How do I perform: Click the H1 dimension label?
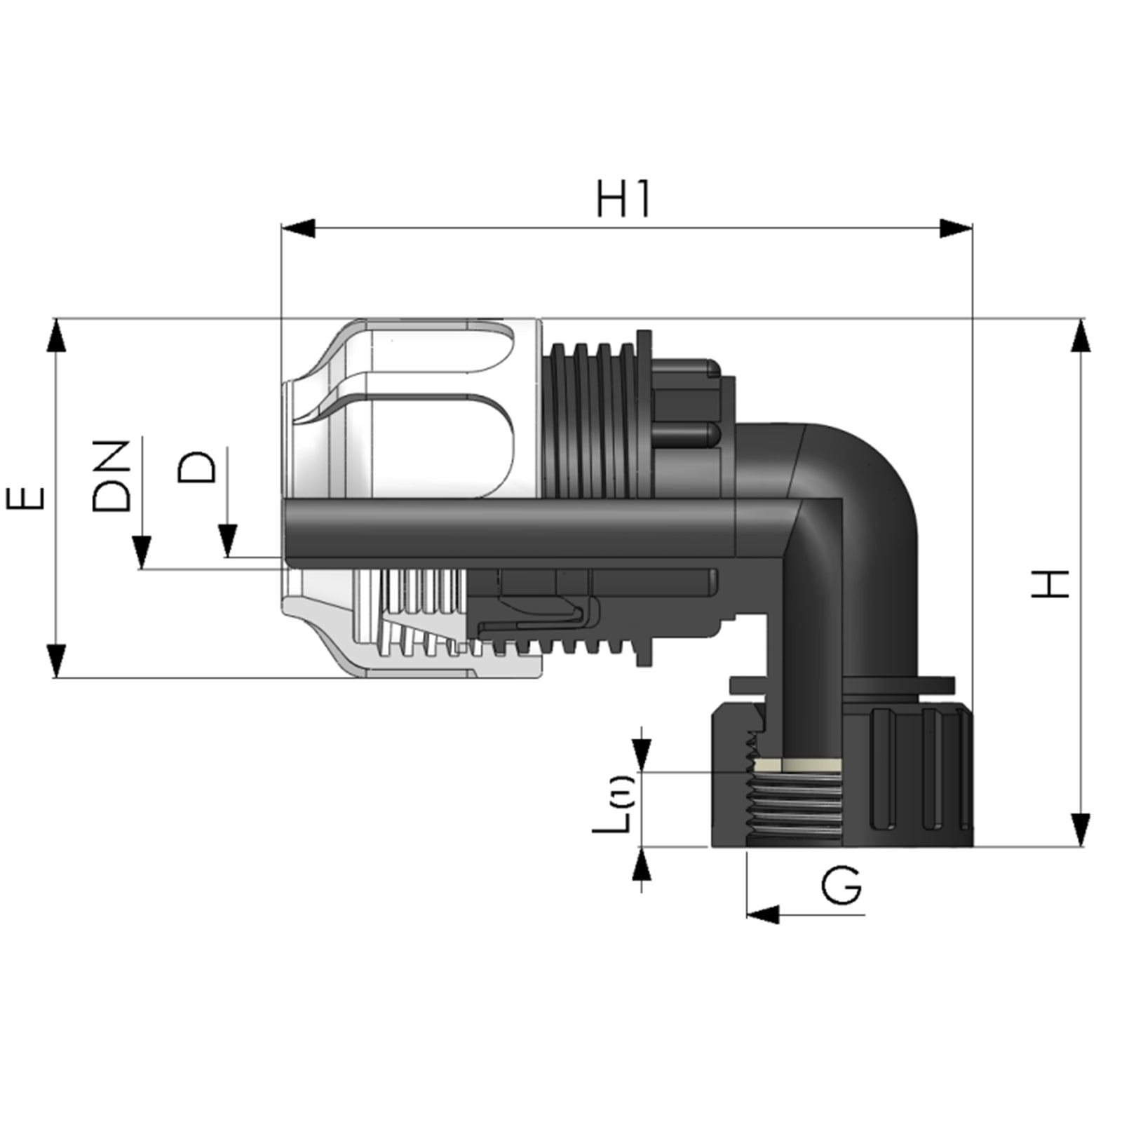point(623,199)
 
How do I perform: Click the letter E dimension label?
point(26,499)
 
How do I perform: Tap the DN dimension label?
point(111,476)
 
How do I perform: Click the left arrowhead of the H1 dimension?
point(297,229)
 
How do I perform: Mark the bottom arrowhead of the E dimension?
point(55,661)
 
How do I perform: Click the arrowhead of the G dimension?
point(763,914)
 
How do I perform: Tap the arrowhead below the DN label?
point(142,552)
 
